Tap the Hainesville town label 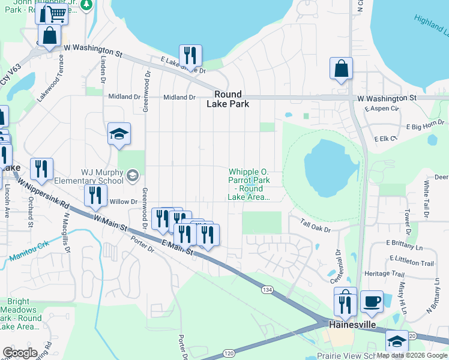[352, 324]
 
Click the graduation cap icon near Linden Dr [119, 134]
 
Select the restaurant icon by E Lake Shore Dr [190, 56]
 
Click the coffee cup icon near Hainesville [372, 302]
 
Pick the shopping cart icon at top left [56, 13]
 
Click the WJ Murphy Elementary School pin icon [133, 175]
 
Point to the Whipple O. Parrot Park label [248, 184]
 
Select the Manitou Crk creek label [29, 253]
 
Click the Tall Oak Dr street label [317, 226]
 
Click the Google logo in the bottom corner [20, 352]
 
